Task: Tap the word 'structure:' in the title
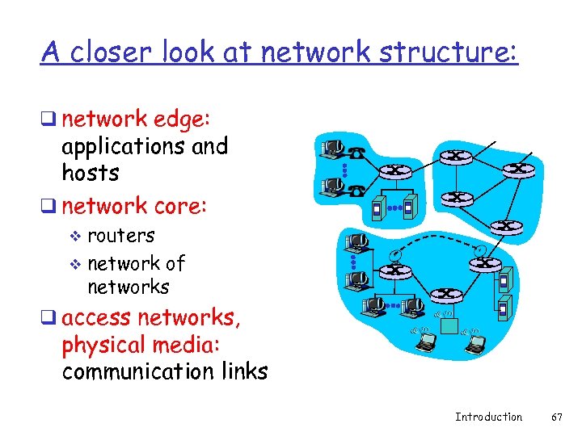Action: (452, 52)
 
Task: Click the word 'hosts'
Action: (91, 173)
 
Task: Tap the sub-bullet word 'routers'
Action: (120, 236)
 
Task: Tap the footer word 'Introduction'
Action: (488, 417)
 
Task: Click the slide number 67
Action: (556, 417)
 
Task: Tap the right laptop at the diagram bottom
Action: (476, 344)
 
